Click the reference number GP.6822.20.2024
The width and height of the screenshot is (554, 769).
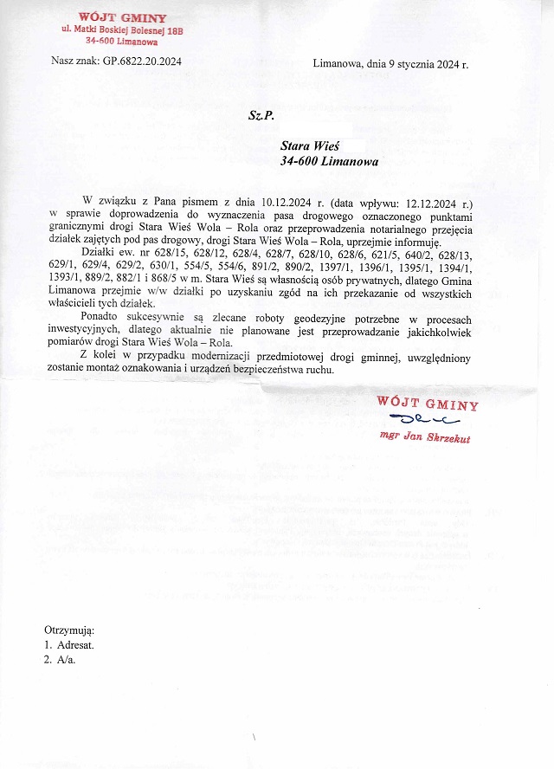[142, 61]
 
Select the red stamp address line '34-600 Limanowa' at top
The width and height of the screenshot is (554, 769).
[121, 41]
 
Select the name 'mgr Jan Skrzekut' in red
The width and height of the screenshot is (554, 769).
[424, 437]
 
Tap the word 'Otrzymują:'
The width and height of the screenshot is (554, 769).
[69, 630]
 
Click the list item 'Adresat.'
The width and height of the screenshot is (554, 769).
[75, 645]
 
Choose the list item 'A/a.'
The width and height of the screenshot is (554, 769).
[66, 660]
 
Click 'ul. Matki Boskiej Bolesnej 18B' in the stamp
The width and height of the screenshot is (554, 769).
[122, 30]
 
